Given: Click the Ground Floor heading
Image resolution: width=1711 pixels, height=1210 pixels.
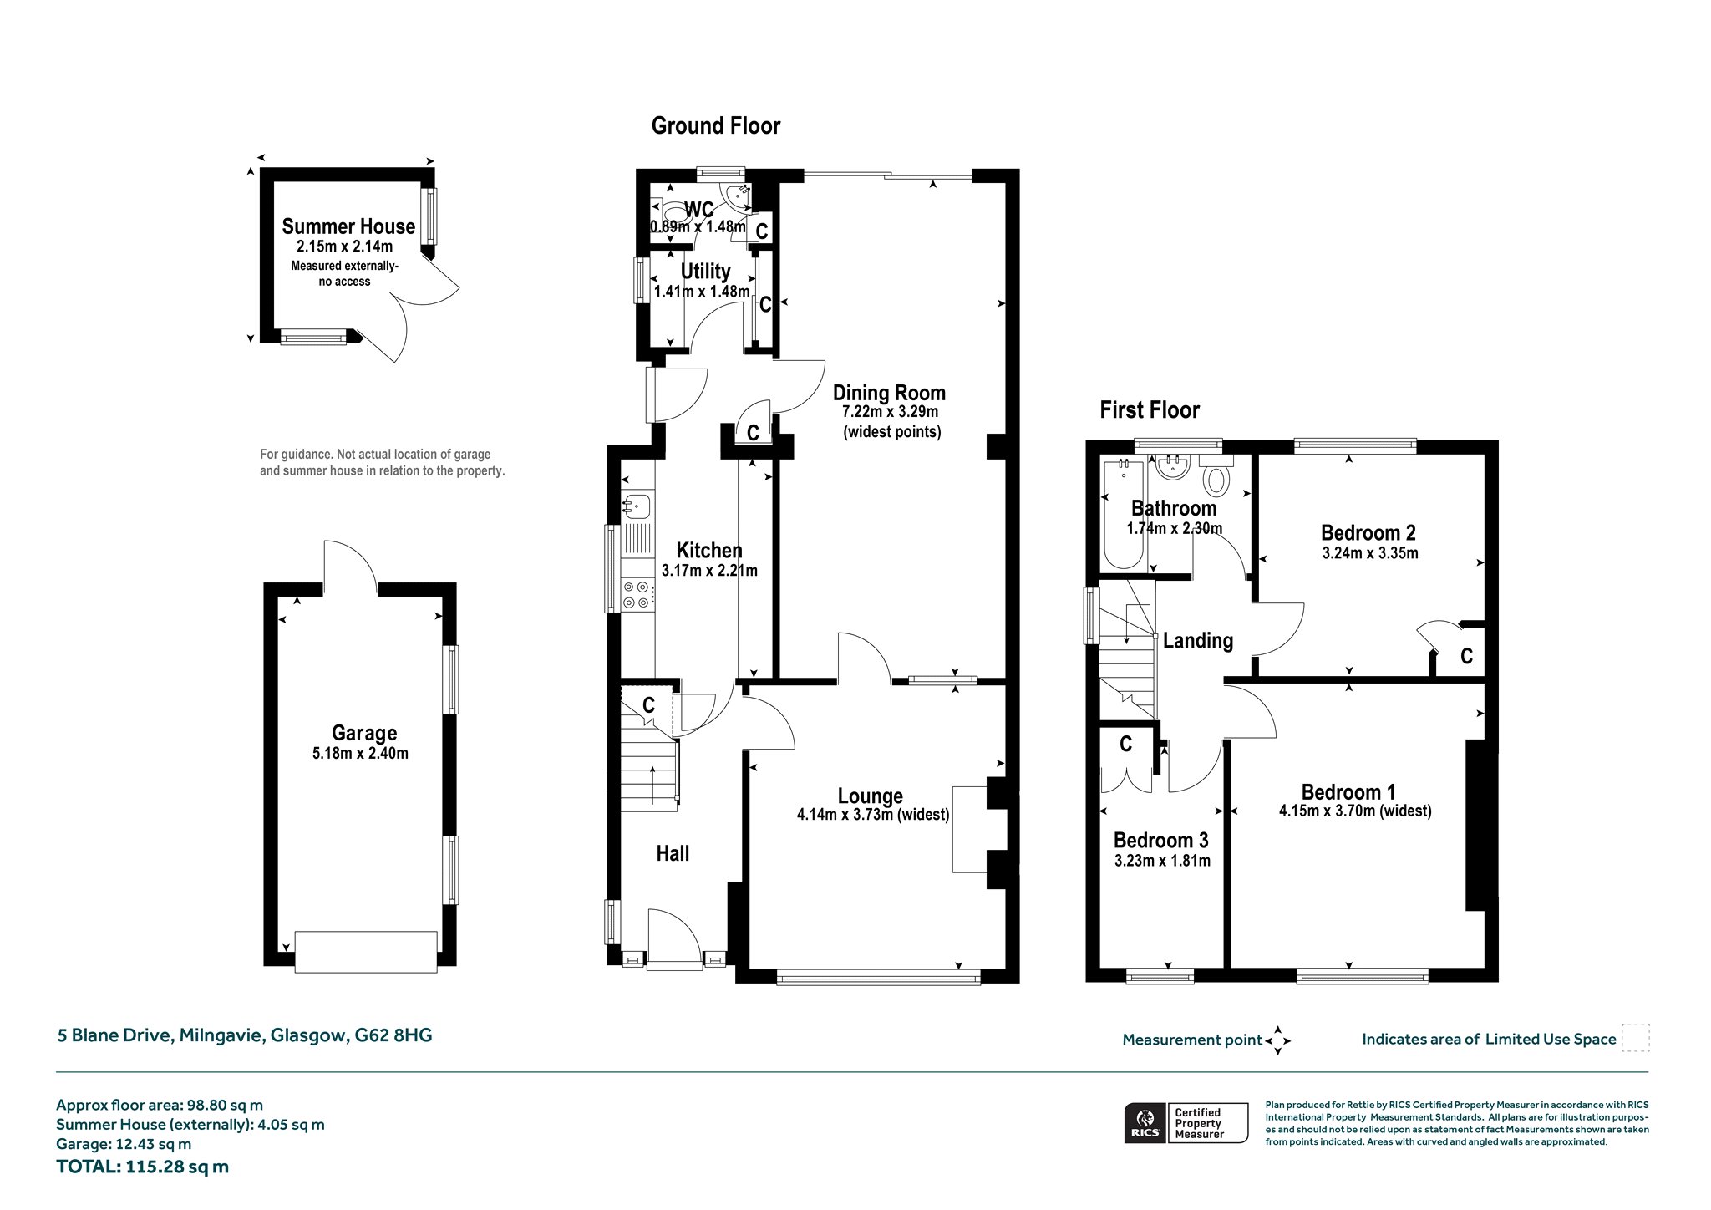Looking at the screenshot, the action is (716, 126).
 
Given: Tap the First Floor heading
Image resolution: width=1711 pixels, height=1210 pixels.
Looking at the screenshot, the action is (1150, 410).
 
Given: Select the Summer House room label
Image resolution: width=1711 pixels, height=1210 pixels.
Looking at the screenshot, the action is (348, 226).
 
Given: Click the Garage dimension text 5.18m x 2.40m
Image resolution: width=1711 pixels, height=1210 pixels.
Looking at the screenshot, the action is (361, 753).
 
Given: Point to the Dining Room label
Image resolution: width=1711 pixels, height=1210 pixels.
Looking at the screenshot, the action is (890, 393).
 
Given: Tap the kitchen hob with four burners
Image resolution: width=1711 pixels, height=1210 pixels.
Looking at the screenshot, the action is (637, 594).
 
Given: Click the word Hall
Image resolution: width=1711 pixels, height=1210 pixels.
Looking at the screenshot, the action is (673, 853).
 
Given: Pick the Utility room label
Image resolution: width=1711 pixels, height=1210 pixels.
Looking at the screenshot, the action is (705, 272).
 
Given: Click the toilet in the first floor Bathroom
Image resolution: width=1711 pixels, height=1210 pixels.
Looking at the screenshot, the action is (1218, 476).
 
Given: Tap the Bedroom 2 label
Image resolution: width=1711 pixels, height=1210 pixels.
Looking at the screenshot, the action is (1368, 533).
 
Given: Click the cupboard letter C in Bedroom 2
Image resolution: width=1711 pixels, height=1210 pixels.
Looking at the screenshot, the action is (1466, 657).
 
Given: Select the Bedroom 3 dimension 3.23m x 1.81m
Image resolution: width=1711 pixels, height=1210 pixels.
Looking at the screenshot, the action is (1162, 861).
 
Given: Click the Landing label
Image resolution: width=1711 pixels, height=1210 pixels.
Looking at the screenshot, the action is (1198, 641).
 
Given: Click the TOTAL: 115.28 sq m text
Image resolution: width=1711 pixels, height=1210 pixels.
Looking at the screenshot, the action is (142, 1167).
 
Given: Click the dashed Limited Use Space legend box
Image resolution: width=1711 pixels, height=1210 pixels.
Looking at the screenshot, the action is (1635, 1038).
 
